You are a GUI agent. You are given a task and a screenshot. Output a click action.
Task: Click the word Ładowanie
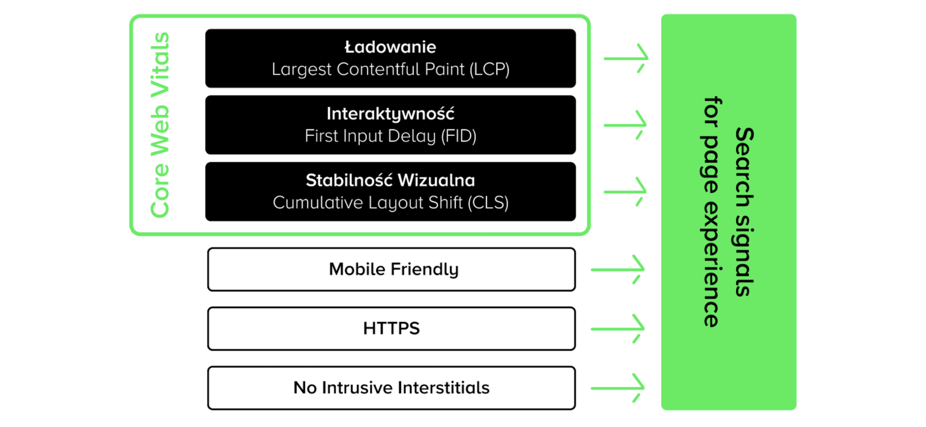pyautogui.click(x=390, y=47)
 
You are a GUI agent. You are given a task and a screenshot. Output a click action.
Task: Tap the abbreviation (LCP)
pyautogui.click(x=490, y=70)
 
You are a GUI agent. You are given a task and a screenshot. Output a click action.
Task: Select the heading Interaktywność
pyautogui.click(x=390, y=113)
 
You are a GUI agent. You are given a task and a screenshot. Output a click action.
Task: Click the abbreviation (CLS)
pyautogui.click(x=488, y=203)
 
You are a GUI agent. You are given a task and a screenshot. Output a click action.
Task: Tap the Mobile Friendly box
pyautogui.click(x=391, y=269)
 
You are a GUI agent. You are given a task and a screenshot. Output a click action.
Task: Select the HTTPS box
pyautogui.click(x=391, y=329)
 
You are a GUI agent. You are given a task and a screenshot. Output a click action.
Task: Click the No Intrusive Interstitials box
pyautogui.click(x=391, y=388)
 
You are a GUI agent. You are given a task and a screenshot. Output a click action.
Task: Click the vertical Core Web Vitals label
pyautogui.click(x=160, y=124)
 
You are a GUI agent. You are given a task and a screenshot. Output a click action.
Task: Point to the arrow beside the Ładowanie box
pyautogui.click(x=626, y=59)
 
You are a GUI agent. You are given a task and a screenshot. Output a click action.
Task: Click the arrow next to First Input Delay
pyautogui.click(x=625, y=124)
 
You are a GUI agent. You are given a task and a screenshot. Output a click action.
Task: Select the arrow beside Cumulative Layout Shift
pyautogui.click(x=625, y=192)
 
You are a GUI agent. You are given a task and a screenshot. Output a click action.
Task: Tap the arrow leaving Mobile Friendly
pyautogui.click(x=618, y=270)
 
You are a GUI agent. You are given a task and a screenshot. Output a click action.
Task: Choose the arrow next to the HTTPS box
pyautogui.click(x=618, y=329)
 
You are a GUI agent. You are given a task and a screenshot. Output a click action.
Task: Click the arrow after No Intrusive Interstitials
pyautogui.click(x=618, y=388)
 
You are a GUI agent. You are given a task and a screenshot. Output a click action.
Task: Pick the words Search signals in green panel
pyautogui.click(x=745, y=212)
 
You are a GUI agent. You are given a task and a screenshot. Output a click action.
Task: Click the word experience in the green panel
pyautogui.click(x=711, y=264)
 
